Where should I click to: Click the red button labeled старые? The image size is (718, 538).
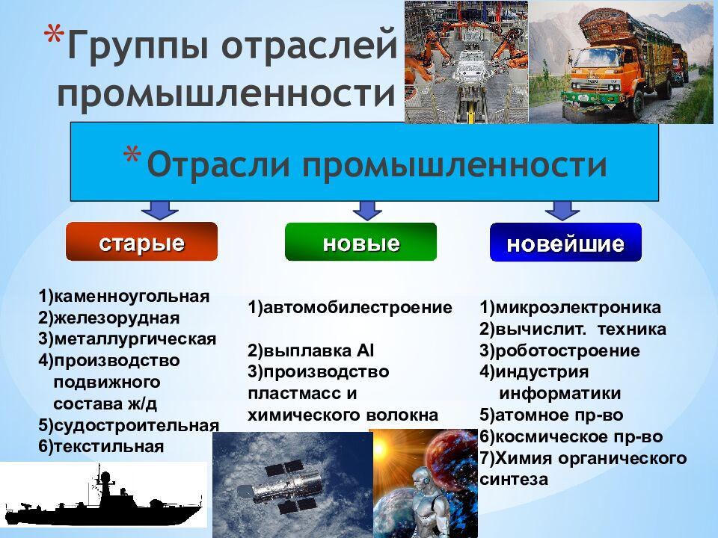pyautogui.click(x=141, y=242)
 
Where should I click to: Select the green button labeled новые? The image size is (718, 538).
pyautogui.click(x=360, y=242)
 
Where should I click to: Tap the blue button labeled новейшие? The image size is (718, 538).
pyautogui.click(x=565, y=243)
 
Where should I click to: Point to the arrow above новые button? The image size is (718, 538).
pyautogui.click(x=367, y=209)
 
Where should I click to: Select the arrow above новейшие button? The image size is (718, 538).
pyautogui.click(x=562, y=209)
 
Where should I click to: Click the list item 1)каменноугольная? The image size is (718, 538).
pyautogui.click(x=124, y=296)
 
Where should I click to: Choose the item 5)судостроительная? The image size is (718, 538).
pyautogui.click(x=129, y=425)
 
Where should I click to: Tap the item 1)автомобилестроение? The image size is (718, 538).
pyautogui.click(x=350, y=307)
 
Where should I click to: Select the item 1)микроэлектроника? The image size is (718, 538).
pyautogui.click(x=570, y=307)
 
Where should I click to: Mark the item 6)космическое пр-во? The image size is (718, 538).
pyautogui.click(x=571, y=436)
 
